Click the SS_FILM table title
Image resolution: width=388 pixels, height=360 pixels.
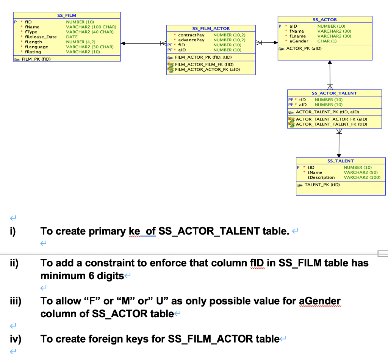(66, 16)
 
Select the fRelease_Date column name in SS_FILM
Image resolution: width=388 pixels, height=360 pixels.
(41, 37)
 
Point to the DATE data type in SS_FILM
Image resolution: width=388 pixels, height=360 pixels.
(72, 37)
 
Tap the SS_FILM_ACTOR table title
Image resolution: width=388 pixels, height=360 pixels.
(211, 28)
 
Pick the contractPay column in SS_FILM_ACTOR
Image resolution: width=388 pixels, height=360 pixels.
(191, 35)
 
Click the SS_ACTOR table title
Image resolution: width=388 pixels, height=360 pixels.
(325, 20)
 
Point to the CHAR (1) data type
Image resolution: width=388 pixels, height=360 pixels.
(327, 41)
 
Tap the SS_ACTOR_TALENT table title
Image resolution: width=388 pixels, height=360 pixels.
(334, 93)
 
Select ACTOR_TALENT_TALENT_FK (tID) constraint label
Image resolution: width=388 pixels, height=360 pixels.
(332, 124)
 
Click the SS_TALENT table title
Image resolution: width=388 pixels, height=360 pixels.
(340, 161)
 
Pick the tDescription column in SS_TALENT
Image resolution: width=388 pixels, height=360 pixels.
(321, 177)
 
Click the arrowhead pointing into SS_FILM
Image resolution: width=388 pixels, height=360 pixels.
(123, 43)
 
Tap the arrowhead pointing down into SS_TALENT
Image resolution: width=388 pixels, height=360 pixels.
(338, 155)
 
